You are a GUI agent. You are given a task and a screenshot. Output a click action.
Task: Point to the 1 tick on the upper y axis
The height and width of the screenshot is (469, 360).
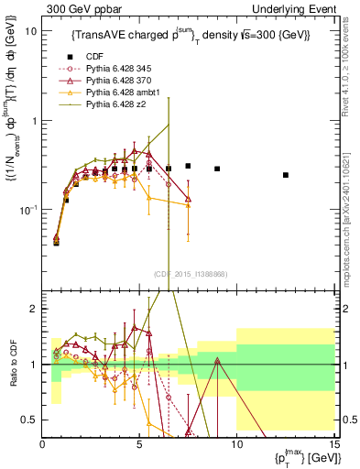(36, 120)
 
